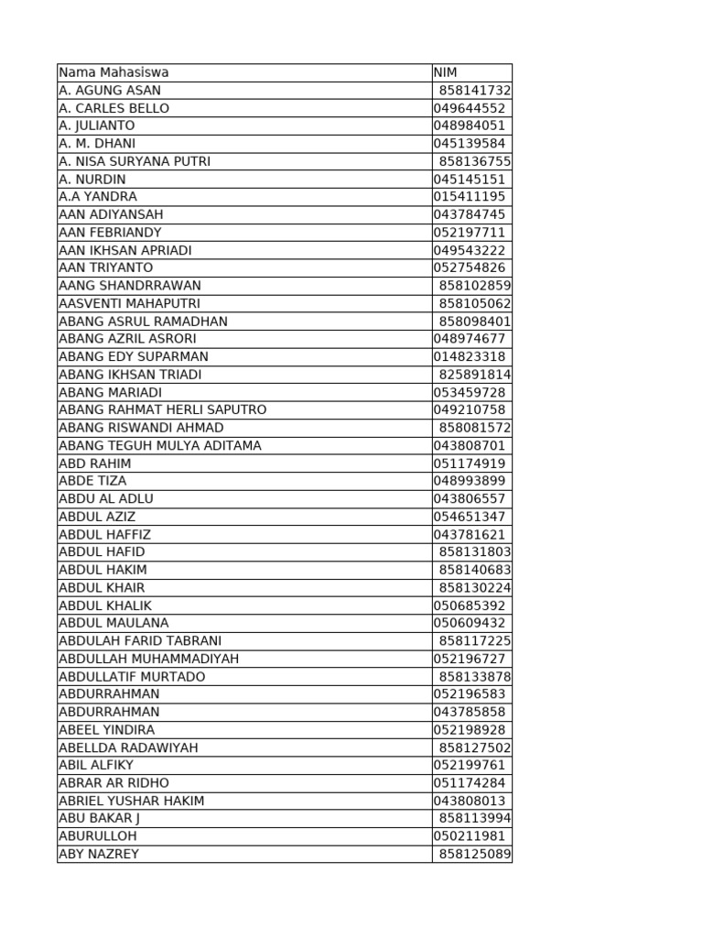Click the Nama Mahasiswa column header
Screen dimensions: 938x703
point(114,72)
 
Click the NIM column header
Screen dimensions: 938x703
point(446,72)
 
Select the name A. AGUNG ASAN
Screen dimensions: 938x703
point(110,91)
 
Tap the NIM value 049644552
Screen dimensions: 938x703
point(470,108)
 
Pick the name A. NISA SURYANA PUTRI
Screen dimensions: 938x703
point(135,161)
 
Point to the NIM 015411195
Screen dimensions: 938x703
point(470,197)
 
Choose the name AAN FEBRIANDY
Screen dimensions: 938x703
point(110,233)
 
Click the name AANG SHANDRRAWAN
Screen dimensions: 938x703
point(130,286)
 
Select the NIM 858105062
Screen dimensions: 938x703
point(475,303)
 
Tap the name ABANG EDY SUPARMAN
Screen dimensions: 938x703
point(134,356)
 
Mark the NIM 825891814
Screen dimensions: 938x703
point(475,375)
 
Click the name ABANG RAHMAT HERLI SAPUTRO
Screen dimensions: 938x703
point(163,409)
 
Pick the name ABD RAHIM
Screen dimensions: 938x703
point(95,464)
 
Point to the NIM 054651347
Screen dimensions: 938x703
point(470,517)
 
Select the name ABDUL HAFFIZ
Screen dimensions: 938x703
point(105,534)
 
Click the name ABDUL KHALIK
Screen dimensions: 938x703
point(105,605)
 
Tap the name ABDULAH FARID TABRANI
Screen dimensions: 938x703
point(140,641)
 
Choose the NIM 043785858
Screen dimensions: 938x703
point(470,712)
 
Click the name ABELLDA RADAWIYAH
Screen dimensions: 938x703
point(128,747)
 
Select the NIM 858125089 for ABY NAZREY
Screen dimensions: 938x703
point(475,854)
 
